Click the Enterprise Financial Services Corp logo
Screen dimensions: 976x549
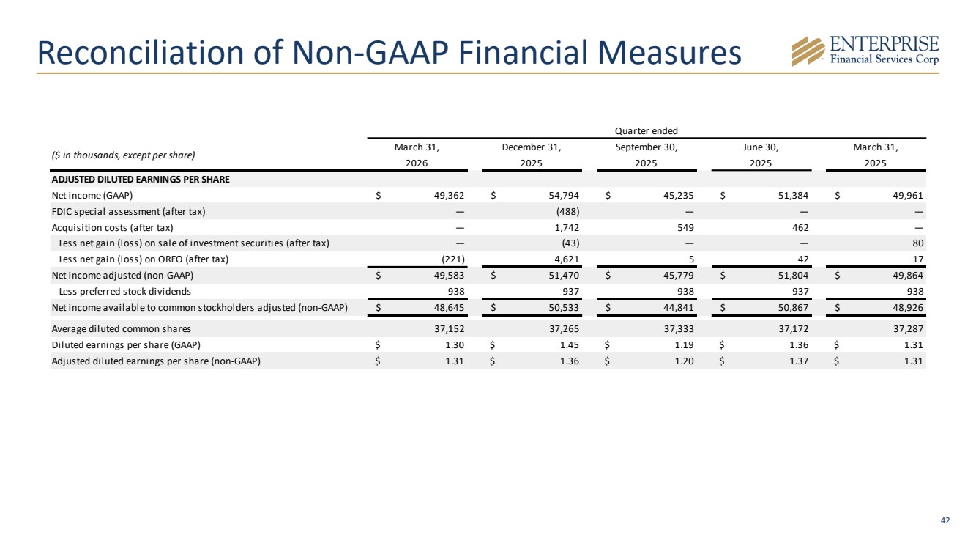865,51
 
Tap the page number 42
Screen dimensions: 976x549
945,520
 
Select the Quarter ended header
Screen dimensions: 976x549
647,130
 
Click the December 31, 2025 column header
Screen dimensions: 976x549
532,155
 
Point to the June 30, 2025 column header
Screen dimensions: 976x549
761,155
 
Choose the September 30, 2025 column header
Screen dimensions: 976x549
647,155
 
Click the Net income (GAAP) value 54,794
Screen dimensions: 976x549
564,196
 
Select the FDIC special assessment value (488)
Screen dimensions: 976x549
567,212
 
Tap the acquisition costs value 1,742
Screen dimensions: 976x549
567,228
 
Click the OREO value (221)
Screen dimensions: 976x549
453,259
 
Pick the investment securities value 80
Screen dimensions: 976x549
918,243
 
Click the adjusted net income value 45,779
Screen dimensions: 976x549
679,276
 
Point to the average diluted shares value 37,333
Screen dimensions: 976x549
679,329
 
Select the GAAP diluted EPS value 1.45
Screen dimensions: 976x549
570,345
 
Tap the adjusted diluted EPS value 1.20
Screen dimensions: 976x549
684,361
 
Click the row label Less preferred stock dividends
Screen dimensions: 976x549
125,291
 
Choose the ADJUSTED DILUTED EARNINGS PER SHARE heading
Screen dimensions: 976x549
141,180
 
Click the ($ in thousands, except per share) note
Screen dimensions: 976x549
123,155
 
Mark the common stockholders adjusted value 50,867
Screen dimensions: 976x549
793,308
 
